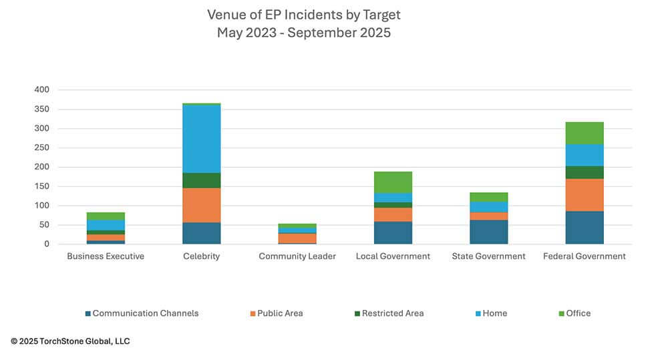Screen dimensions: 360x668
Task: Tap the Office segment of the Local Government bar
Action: point(393,182)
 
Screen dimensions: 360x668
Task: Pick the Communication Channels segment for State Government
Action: point(488,232)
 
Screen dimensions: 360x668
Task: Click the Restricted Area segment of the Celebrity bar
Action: point(201,180)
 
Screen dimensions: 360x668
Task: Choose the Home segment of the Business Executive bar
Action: point(106,225)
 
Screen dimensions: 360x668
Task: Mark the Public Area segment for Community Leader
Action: point(297,238)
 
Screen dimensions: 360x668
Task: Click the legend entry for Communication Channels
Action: point(145,313)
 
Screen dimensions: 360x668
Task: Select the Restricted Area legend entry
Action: point(392,313)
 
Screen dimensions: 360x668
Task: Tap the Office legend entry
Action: point(578,313)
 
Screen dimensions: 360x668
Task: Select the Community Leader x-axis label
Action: point(297,256)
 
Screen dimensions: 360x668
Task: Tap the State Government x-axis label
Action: point(488,256)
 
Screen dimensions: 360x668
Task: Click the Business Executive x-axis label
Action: point(106,256)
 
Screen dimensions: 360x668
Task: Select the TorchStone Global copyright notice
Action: point(70,341)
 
